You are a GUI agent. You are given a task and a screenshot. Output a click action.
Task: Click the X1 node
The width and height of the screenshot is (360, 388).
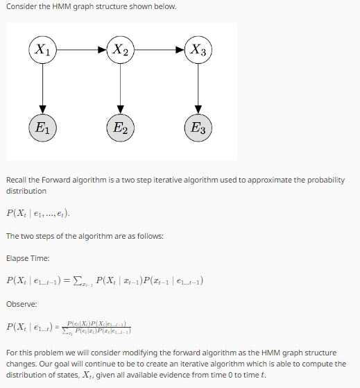(43, 49)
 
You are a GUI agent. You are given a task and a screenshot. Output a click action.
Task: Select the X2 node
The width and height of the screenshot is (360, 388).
(120, 49)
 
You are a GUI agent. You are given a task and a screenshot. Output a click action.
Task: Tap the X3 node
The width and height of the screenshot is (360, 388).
(198, 49)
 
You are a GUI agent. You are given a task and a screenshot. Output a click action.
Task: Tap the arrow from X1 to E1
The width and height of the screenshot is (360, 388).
(43, 88)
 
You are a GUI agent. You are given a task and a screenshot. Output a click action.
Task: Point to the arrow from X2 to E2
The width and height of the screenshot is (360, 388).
(120, 88)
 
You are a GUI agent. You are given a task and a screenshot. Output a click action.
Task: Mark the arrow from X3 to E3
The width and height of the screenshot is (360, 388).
(198, 88)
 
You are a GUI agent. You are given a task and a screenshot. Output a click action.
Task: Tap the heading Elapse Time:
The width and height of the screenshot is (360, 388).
(28, 258)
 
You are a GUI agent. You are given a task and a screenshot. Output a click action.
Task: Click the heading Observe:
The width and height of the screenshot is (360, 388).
(22, 304)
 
